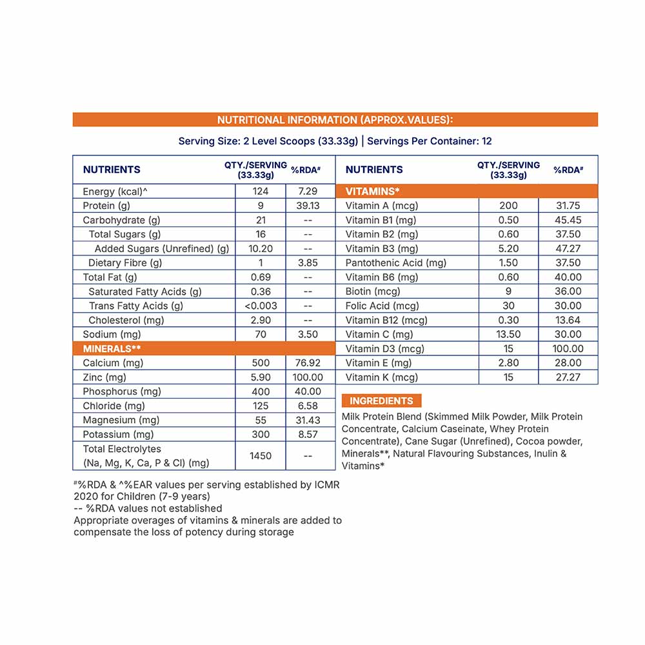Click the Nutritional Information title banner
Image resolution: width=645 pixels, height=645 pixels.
point(335,120)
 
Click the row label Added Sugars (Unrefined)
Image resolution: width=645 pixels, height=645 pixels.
point(162,248)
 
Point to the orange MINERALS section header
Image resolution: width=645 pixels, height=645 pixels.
point(112,348)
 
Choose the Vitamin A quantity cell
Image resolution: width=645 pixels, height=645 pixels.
point(508,206)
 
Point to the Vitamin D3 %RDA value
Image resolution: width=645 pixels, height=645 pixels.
point(568,348)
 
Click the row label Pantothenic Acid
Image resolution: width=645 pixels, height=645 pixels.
point(396,263)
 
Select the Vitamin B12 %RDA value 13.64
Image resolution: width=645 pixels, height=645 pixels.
point(568,320)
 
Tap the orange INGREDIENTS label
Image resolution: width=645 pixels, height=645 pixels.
point(381,401)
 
